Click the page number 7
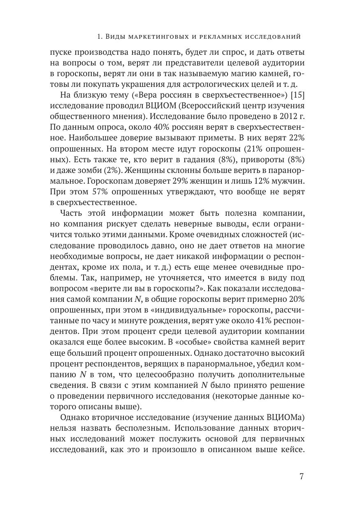tap(302, 477)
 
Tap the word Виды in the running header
tap(116, 37)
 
